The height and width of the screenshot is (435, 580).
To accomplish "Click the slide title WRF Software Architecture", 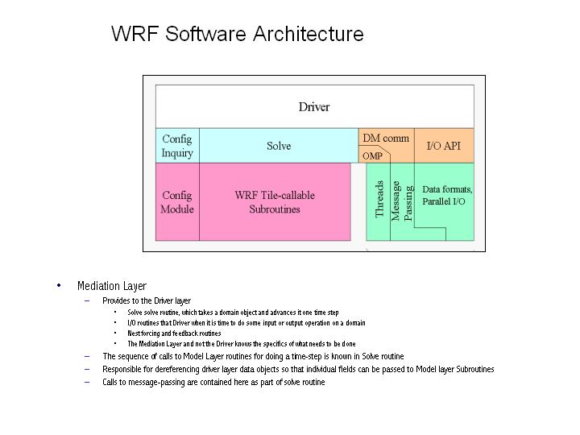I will pos(237,34).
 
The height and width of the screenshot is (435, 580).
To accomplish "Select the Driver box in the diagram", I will pos(314,106).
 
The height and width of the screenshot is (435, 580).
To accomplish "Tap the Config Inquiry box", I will pos(177,146).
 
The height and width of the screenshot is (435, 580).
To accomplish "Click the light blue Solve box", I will pos(279,146).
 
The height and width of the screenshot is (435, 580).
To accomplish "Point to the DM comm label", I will pos(386,139).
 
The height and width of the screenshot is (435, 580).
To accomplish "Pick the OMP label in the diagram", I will pos(372,156).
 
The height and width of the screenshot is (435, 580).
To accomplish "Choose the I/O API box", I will pos(443,146).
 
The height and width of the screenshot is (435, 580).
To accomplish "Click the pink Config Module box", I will pos(177,202).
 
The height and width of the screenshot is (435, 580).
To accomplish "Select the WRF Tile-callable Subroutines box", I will pos(275,202).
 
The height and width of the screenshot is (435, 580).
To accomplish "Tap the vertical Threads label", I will pos(379,199).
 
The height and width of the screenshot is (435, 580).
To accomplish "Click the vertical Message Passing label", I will pos(401,201).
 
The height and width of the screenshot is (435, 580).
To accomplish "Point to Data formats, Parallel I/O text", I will pos(447,195).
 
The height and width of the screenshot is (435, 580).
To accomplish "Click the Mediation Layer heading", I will pos(112,286).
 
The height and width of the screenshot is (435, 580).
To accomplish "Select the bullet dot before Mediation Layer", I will pos(59,285).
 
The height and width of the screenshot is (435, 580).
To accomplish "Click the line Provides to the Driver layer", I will pos(147,300).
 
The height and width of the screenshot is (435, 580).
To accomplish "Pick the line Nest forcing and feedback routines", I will pos(174,333).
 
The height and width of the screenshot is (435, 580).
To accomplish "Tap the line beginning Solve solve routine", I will pos(233,313).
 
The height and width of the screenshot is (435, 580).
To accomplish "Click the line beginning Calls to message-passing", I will pos(213,382).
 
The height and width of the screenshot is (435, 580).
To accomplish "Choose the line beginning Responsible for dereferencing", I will pos(298,369).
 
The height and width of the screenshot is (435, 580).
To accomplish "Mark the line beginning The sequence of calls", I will pos(253,356).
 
